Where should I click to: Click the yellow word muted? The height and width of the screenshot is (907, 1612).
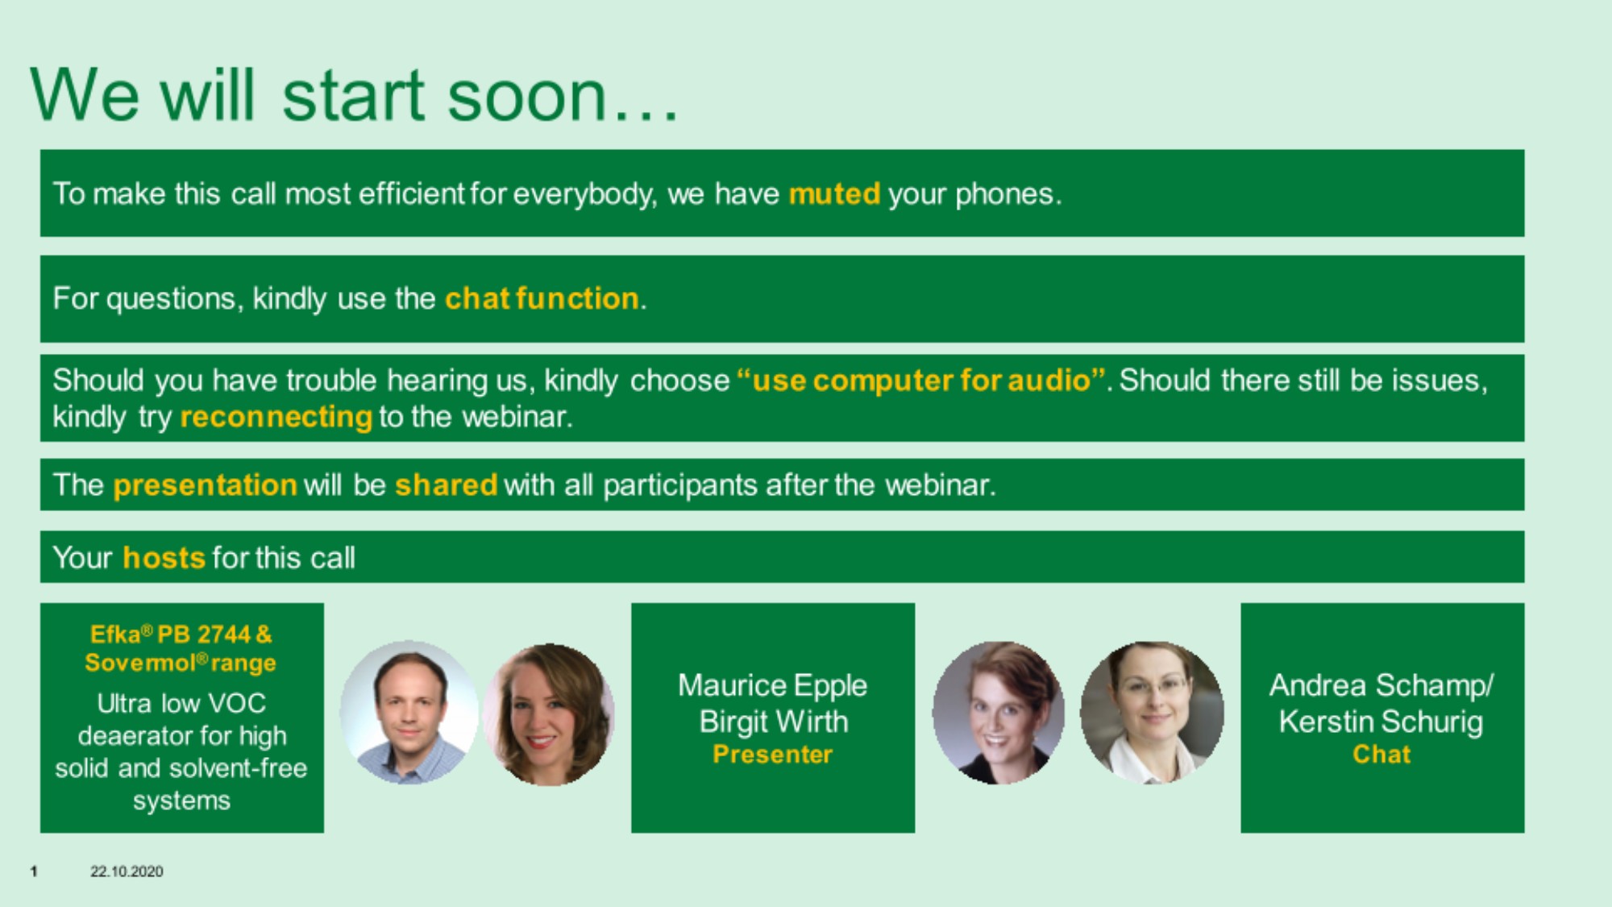tap(834, 194)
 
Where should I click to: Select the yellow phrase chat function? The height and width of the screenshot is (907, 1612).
tap(542, 299)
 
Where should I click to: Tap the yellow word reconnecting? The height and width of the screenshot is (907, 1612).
tap(276, 417)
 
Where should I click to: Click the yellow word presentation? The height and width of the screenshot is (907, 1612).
tap(206, 485)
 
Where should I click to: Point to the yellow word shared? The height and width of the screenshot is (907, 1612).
tap(446, 485)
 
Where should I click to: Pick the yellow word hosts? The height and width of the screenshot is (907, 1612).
tap(164, 558)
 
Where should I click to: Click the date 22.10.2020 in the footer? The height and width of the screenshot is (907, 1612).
tap(127, 872)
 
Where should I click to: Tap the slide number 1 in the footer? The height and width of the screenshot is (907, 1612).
tap(34, 872)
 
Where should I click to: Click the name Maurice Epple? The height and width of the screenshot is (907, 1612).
tap(772, 686)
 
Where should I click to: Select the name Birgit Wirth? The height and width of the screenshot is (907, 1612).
tap(774, 722)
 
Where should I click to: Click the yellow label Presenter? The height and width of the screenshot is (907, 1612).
tap(772, 755)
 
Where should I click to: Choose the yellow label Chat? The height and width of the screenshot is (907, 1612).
tap(1381, 755)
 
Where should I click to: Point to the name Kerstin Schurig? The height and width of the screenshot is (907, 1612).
tap(1381, 722)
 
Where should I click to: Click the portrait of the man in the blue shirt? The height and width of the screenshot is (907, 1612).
tap(409, 713)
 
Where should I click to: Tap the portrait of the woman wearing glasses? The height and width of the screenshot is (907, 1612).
tap(1152, 713)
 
